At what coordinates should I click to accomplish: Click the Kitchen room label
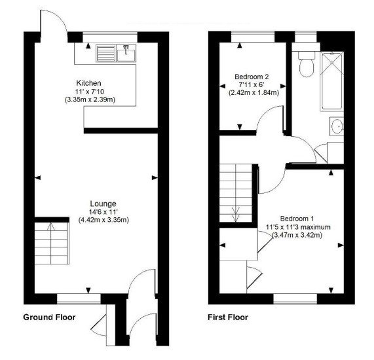point(88,82)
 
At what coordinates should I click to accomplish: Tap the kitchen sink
point(115,52)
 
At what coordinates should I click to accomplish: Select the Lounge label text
point(103,203)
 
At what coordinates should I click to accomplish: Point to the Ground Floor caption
point(49,317)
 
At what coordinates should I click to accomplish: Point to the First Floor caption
point(227,317)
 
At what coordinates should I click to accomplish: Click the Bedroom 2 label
point(252,76)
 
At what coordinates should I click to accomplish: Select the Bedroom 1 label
point(298,218)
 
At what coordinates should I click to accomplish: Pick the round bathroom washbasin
point(337,125)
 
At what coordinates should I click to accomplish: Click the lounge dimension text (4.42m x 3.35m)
point(103,220)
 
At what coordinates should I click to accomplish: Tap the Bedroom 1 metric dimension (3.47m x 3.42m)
point(298,235)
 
